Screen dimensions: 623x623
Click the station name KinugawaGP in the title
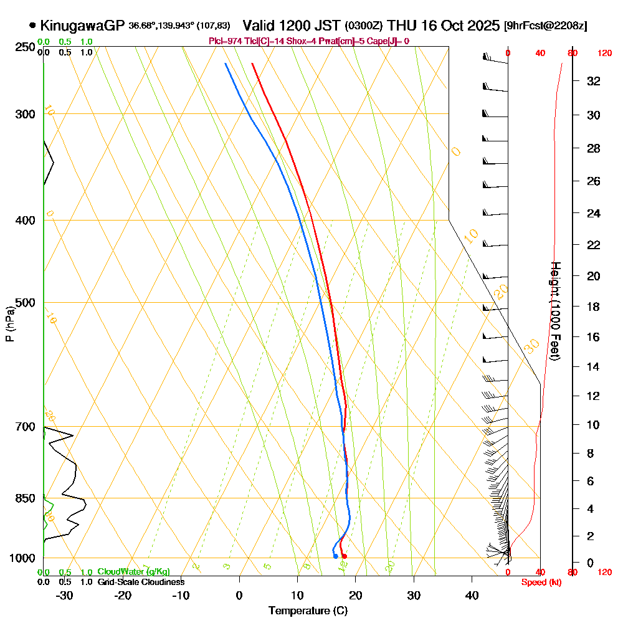(x=82, y=26)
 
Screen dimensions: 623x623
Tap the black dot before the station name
(x=32, y=26)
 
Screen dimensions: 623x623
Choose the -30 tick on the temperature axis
(x=65, y=596)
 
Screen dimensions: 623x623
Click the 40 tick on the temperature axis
(x=472, y=596)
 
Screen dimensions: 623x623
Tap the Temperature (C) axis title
(x=308, y=611)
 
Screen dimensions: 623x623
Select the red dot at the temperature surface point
(x=344, y=556)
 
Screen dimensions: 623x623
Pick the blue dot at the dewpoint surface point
(x=335, y=556)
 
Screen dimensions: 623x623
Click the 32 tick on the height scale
(x=594, y=81)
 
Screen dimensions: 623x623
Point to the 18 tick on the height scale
(x=594, y=307)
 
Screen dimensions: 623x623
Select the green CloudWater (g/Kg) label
(x=133, y=572)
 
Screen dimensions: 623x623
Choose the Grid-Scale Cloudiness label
(x=141, y=582)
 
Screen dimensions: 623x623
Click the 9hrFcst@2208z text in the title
(x=546, y=26)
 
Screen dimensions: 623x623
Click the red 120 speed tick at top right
(x=604, y=54)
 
